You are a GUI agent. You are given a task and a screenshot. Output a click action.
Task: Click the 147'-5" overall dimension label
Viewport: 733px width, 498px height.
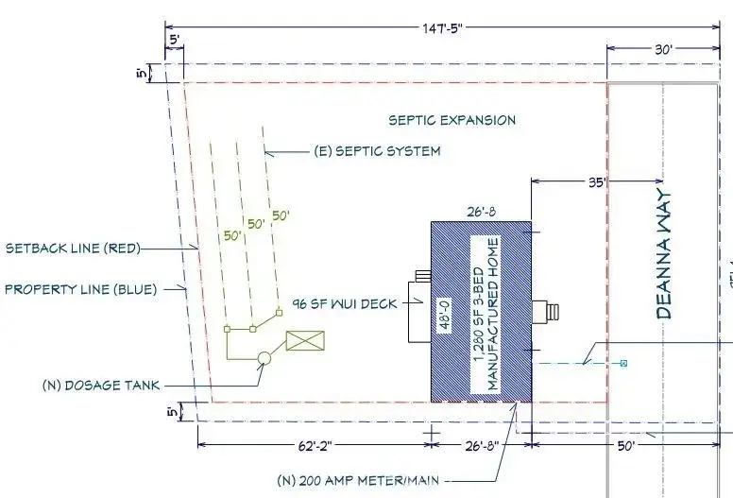click(442, 28)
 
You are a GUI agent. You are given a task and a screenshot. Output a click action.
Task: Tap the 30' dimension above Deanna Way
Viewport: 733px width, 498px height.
click(663, 49)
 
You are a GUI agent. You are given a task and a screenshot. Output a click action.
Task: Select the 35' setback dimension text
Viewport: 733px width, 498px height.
click(597, 182)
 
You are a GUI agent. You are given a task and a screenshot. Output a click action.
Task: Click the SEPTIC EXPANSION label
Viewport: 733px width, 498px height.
click(452, 120)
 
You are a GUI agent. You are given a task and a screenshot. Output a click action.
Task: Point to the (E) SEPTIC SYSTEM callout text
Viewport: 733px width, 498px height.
click(377, 151)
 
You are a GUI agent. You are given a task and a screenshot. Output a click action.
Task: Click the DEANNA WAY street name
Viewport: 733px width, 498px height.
click(664, 254)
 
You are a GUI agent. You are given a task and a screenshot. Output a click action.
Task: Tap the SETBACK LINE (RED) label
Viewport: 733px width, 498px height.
click(73, 248)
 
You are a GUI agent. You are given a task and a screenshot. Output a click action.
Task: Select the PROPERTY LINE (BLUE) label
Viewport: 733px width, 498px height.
click(81, 289)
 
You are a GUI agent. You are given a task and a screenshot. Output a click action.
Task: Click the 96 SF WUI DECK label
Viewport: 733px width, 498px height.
click(345, 304)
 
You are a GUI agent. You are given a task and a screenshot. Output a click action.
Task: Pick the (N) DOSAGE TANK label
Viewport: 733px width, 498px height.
click(101, 386)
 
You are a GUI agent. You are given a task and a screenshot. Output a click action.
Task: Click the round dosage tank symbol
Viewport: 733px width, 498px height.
click(264, 358)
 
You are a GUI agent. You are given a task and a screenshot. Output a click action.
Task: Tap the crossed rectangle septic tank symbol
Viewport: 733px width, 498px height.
click(305, 340)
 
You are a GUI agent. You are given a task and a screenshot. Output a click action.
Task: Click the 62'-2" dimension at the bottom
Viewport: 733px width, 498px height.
click(315, 446)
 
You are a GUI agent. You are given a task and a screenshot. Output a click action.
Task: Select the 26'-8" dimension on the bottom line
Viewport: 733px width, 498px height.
click(482, 446)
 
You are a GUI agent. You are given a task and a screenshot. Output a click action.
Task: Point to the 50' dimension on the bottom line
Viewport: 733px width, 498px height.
click(626, 446)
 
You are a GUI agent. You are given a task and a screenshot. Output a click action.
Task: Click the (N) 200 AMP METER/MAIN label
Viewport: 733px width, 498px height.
click(358, 480)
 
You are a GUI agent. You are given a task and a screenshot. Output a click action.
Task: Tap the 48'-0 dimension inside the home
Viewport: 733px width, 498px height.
click(445, 316)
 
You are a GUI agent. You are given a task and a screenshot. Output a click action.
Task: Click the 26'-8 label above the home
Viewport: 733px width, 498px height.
click(482, 212)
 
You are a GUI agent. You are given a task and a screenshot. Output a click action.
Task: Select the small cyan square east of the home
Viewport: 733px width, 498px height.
click(623, 363)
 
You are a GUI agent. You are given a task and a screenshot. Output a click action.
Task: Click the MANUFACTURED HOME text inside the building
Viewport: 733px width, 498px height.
click(493, 314)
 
